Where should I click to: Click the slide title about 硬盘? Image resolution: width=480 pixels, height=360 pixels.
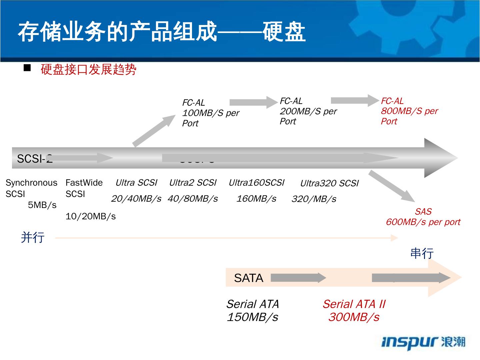coord(162,32)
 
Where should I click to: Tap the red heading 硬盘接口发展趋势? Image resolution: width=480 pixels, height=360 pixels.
coord(88,70)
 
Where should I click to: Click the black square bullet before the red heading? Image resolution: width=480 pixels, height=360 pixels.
coord(27,68)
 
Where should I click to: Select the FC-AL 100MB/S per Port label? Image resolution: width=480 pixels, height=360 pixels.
coord(210,113)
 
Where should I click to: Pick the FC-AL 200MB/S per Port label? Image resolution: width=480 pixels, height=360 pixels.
coord(308,111)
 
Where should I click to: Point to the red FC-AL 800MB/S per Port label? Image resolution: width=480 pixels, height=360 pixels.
coord(409,111)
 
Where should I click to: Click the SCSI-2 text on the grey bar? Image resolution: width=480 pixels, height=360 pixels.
coord(35,159)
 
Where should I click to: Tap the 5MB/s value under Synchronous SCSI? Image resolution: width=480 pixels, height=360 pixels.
coord(42,205)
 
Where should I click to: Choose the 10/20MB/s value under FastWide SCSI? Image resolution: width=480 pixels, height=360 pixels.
coord(90,216)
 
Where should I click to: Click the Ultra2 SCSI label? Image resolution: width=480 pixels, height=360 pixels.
coord(193,183)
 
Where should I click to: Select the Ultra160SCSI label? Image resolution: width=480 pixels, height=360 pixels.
coord(256,183)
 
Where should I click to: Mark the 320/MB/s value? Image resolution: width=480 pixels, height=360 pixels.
coord(314,199)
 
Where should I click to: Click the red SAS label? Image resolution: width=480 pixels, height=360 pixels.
coord(423,211)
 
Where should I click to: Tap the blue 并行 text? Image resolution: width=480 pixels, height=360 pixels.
coord(33,237)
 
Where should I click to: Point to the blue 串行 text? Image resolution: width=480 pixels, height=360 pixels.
coord(422,253)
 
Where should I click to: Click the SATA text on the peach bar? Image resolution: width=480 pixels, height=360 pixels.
coord(248,278)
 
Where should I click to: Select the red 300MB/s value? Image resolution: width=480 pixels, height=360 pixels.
coord(354,317)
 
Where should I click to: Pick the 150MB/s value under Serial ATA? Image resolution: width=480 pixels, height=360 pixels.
coord(252,317)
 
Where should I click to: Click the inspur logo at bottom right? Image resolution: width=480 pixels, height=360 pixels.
coord(423,342)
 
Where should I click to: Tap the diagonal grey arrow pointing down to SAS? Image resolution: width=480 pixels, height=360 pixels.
coord(392,186)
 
